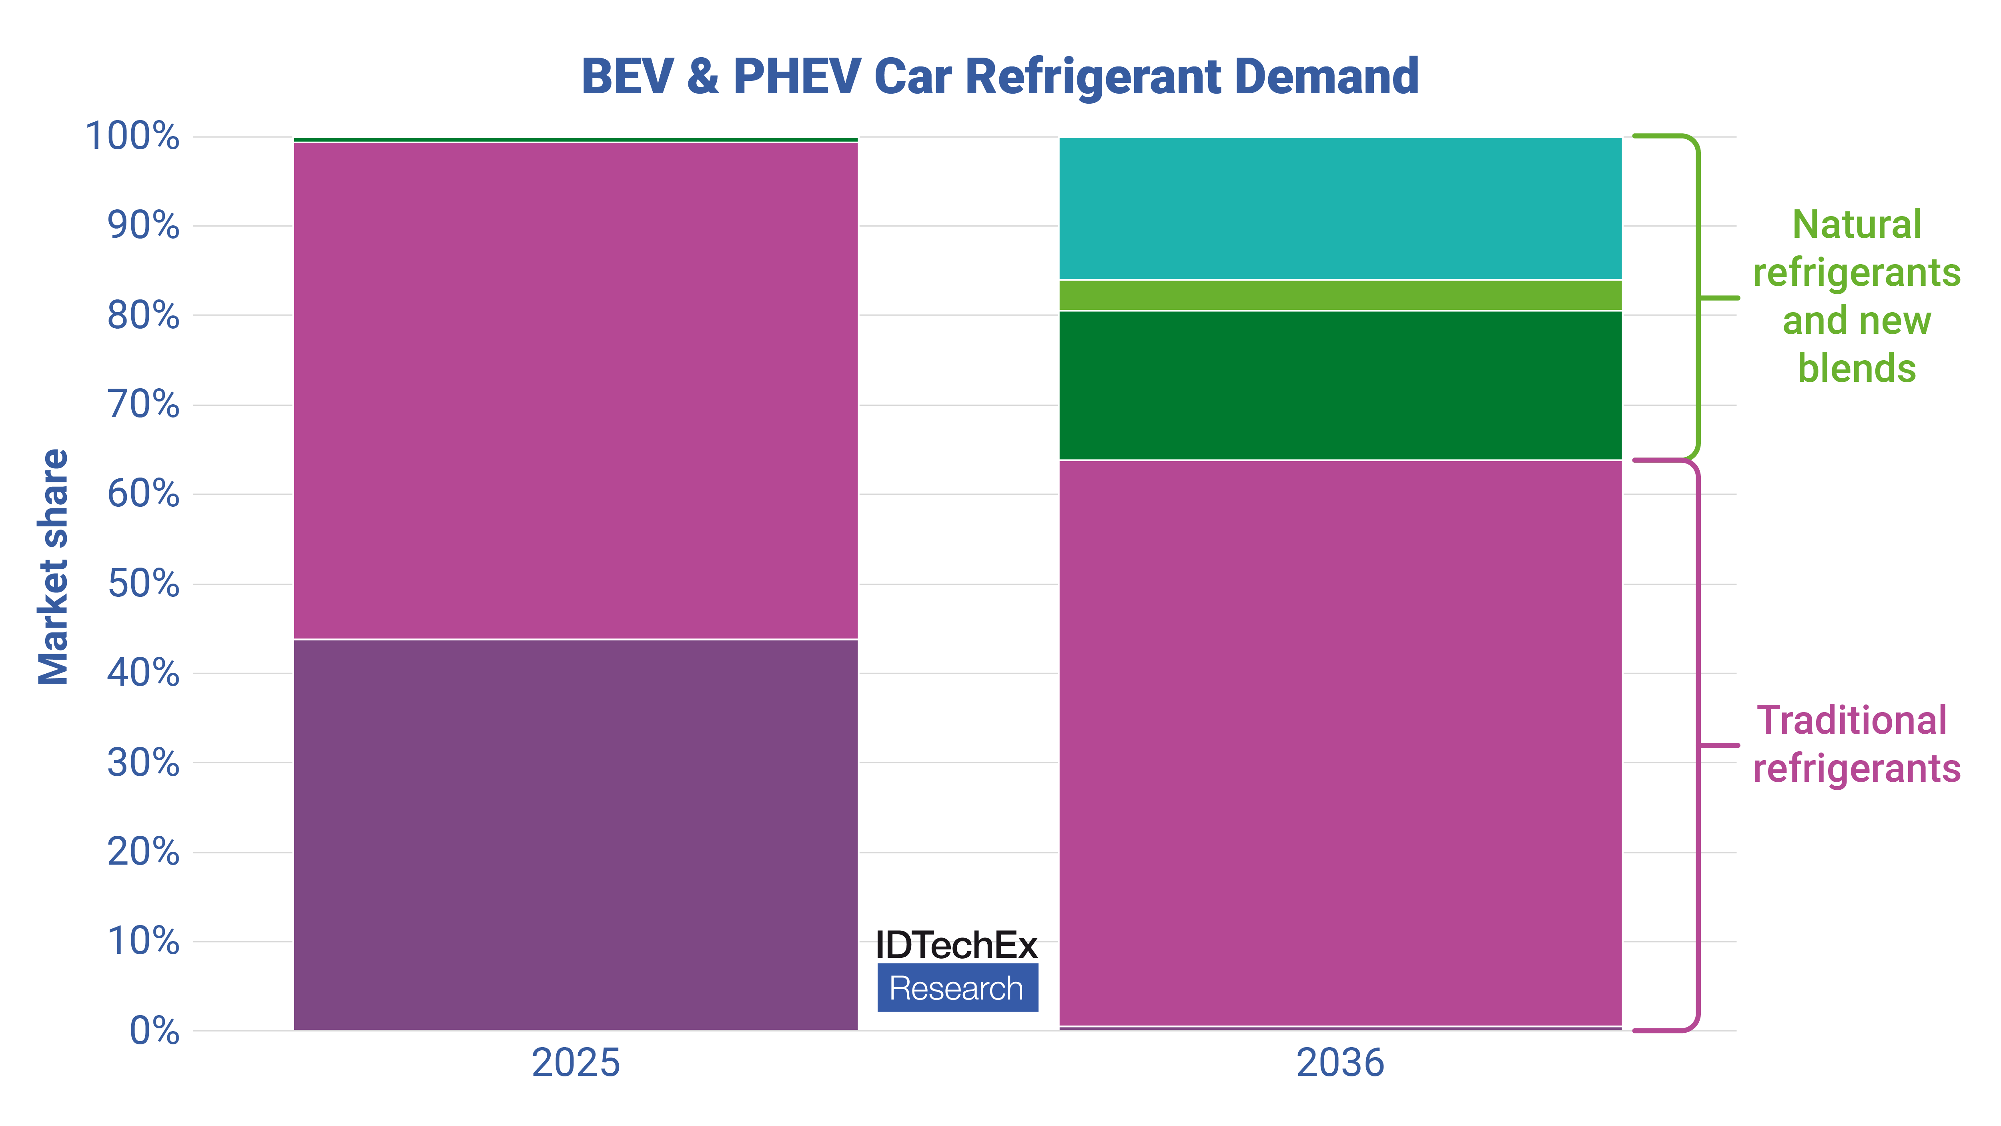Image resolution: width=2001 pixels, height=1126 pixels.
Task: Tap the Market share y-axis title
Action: point(54,567)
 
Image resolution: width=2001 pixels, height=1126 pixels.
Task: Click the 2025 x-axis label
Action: point(575,1062)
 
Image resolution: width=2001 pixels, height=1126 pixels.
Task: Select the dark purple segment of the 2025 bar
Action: point(575,835)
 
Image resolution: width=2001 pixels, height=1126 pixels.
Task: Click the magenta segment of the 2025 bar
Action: point(575,391)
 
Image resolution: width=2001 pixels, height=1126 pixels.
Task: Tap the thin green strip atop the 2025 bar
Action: point(575,140)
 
